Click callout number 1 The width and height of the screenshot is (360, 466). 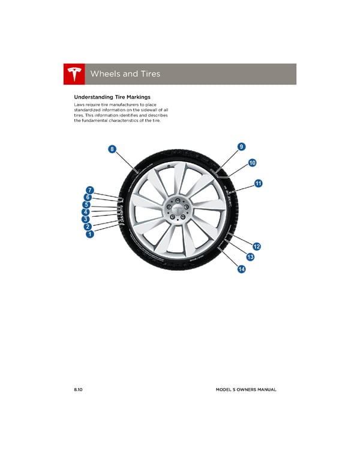click(89, 235)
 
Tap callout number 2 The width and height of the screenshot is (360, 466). click(88, 227)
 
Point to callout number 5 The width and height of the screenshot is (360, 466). click(86, 205)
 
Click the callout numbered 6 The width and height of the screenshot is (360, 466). click(88, 197)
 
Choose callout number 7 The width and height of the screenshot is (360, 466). click(89, 190)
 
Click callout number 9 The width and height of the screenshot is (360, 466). click(241, 147)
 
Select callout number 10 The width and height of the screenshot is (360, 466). click(252, 163)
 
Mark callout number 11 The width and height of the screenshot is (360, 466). click(258, 184)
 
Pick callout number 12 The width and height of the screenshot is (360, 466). click(257, 247)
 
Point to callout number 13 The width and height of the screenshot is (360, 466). click(250, 258)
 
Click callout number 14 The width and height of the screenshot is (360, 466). click(241, 270)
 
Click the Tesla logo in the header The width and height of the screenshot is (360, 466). click(74, 74)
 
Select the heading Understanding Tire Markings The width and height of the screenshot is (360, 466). click(112, 97)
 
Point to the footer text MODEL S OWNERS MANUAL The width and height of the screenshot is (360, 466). click(246, 390)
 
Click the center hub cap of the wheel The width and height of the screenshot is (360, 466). click(178, 210)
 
